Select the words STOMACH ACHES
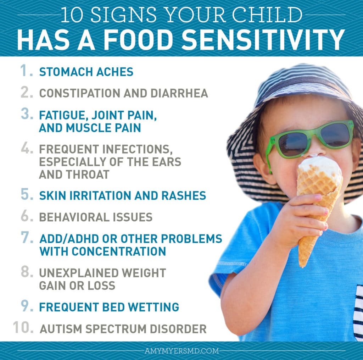pos(86,72)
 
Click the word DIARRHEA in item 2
pos(179,93)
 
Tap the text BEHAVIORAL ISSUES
pos(96,217)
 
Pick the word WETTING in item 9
pos(153,307)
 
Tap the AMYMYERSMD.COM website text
pos(182,351)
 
